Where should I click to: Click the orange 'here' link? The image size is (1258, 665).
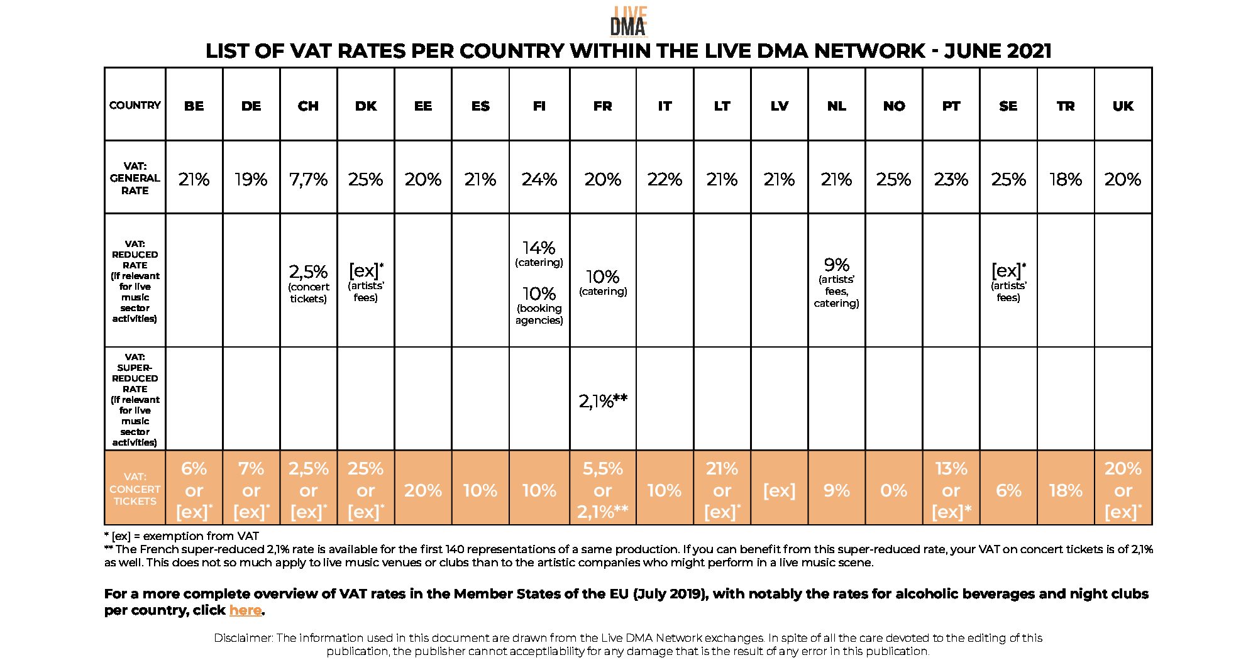(245, 610)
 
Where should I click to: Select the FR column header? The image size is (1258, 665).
(602, 106)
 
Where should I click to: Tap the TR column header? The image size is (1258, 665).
(1066, 106)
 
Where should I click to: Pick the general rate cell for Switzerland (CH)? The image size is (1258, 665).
(308, 180)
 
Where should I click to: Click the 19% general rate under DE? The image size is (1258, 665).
(251, 180)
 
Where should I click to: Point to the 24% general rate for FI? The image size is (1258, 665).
(539, 180)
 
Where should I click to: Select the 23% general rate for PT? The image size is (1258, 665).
(951, 180)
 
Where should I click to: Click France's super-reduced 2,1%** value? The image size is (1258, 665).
(602, 401)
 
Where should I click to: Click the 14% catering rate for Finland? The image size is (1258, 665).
(539, 248)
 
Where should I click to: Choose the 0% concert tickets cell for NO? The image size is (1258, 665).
(893, 490)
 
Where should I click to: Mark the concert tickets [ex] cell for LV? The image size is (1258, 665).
(779, 490)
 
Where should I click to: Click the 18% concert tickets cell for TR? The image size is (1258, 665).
(1066, 490)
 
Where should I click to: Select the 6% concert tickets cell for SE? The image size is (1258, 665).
(1008, 490)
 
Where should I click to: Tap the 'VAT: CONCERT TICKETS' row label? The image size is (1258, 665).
(135, 489)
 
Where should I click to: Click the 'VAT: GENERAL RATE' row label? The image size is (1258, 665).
(135, 178)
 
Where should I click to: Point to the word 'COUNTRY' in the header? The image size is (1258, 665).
(135, 105)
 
